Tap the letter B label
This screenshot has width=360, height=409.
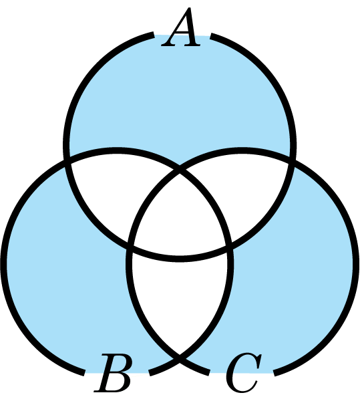point(113,374)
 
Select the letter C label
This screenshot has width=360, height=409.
point(244,373)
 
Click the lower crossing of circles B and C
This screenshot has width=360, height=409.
point(180,360)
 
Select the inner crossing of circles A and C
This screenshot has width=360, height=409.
point(229,245)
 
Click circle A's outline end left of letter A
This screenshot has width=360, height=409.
point(153,35)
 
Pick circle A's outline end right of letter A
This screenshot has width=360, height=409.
point(212,35)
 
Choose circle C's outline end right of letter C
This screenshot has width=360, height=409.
point(275,373)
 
